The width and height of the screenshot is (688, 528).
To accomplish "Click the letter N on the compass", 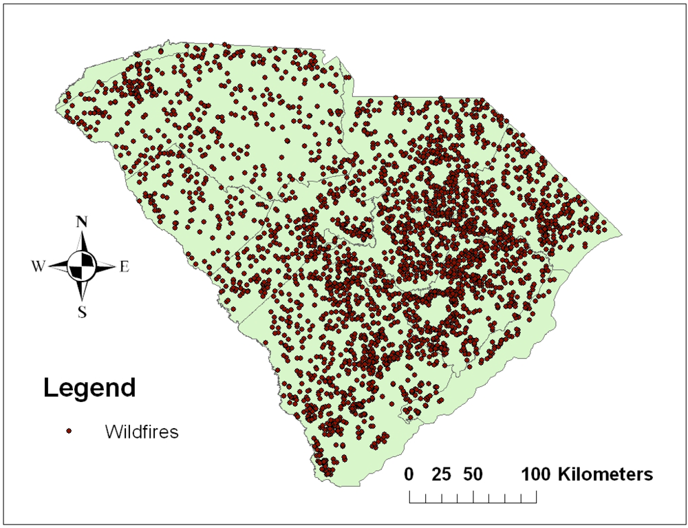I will [x=82, y=222].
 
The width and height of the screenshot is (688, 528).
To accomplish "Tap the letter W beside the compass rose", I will [x=37, y=266].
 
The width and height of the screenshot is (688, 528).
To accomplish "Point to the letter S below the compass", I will [x=82, y=313].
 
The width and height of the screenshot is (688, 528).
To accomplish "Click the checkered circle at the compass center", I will [x=83, y=266].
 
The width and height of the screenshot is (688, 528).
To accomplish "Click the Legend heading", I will [x=89, y=388].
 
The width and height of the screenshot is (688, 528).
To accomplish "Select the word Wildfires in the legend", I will [x=142, y=432].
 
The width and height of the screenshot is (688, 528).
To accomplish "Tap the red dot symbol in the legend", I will [x=69, y=432].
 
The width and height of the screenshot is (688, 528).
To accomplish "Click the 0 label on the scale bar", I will [x=409, y=474].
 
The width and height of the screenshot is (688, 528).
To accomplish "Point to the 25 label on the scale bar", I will [x=441, y=474].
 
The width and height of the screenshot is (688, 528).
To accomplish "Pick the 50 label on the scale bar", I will [x=473, y=474].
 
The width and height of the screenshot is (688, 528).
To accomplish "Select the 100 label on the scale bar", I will [x=537, y=474].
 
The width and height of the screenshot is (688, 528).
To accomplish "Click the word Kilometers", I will [x=605, y=474].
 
